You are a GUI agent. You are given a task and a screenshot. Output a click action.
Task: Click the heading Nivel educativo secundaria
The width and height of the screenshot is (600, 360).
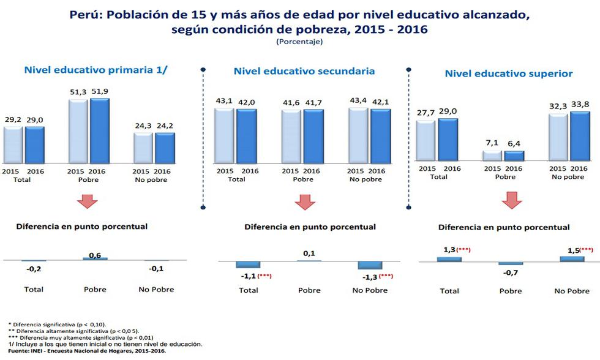coord(304,71)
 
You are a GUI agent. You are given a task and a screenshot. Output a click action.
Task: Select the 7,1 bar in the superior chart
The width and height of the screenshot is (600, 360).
coord(492,156)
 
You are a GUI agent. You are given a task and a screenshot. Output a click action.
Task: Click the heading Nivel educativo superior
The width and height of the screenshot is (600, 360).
coord(509,73)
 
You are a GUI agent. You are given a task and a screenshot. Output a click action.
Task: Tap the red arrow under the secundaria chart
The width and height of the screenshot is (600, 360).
coord(304,201)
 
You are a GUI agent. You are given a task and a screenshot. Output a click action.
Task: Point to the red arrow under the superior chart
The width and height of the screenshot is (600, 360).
coord(512,200)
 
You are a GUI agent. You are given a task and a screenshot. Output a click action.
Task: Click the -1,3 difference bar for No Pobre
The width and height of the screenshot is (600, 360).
coord(370,265)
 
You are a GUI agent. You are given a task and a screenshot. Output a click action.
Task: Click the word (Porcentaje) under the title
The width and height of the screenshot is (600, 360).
coord(299,42)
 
